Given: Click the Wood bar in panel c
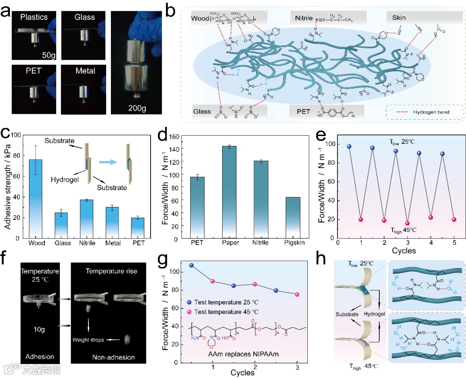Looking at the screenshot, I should [x=36, y=199].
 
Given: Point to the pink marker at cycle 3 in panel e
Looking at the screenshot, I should [x=407, y=223].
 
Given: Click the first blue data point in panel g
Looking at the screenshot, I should [x=192, y=265].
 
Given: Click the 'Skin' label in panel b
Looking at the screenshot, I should [x=399, y=18].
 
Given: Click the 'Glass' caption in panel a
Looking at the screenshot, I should [x=85, y=17].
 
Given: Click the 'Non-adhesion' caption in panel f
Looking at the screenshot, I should [x=113, y=357].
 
